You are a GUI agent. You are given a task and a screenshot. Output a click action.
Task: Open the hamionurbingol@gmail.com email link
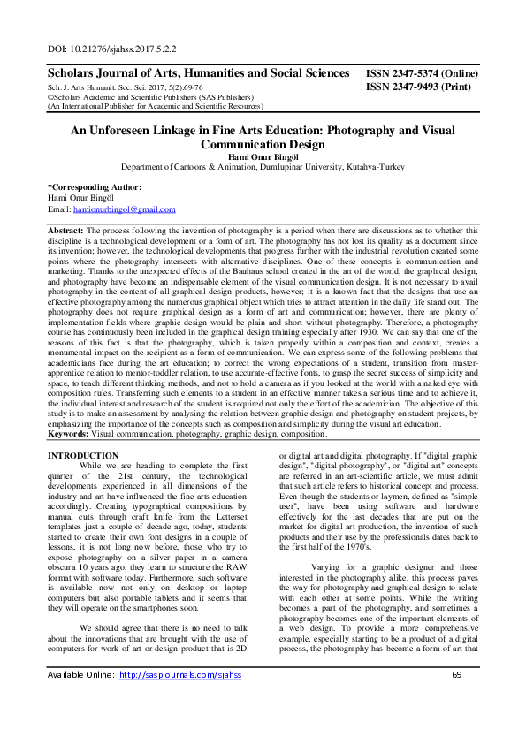(x=123, y=209)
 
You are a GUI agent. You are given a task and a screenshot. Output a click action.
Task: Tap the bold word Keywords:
(x=68, y=434)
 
